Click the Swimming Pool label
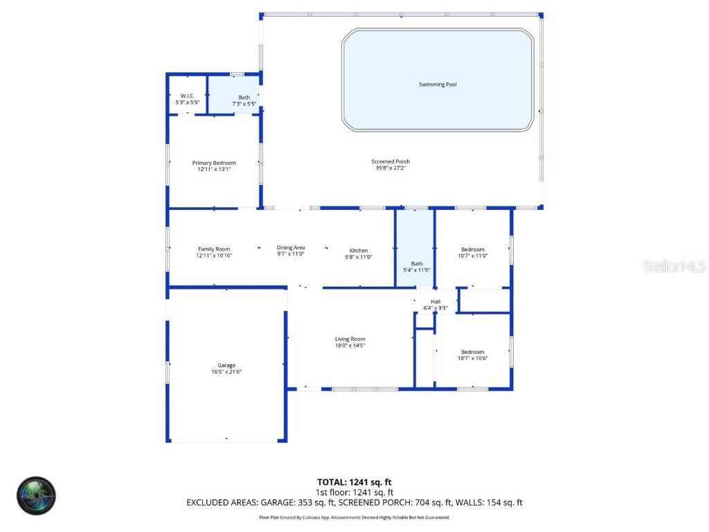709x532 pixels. pyautogui.click(x=438, y=85)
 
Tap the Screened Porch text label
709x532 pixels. pyautogui.click(x=391, y=161)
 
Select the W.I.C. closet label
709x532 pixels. pyautogui.click(x=187, y=96)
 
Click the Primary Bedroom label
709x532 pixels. pyautogui.click(x=214, y=163)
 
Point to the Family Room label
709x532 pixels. pyautogui.click(x=214, y=249)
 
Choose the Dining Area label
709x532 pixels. pyautogui.click(x=291, y=247)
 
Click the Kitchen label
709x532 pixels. pyautogui.click(x=359, y=250)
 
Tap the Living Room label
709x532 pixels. pyautogui.click(x=350, y=339)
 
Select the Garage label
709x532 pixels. pyautogui.click(x=226, y=365)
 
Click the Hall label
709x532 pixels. pyautogui.click(x=436, y=301)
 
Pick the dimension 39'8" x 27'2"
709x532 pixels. pyautogui.click(x=391, y=168)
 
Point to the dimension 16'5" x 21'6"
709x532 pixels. pyautogui.click(x=226, y=372)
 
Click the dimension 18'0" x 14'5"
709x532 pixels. pyautogui.click(x=350, y=345)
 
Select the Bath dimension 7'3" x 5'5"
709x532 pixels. pyautogui.click(x=244, y=103)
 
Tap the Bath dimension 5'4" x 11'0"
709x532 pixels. pyautogui.click(x=417, y=269)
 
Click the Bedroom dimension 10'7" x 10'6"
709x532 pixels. pyautogui.click(x=473, y=358)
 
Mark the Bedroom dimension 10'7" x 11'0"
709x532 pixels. pyautogui.click(x=473, y=256)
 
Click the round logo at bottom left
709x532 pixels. pyautogui.click(x=36, y=495)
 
